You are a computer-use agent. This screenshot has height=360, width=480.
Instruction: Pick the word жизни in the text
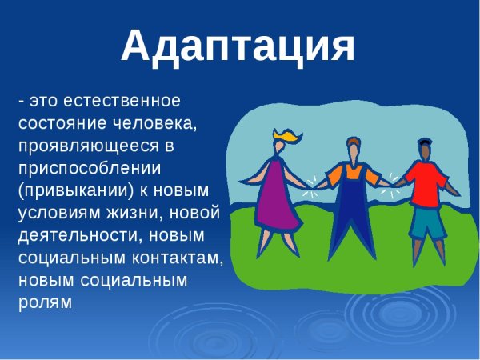[124, 214]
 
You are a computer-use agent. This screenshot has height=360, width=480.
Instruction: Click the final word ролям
[45, 303]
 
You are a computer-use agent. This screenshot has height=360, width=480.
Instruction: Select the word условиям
[54, 214]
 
